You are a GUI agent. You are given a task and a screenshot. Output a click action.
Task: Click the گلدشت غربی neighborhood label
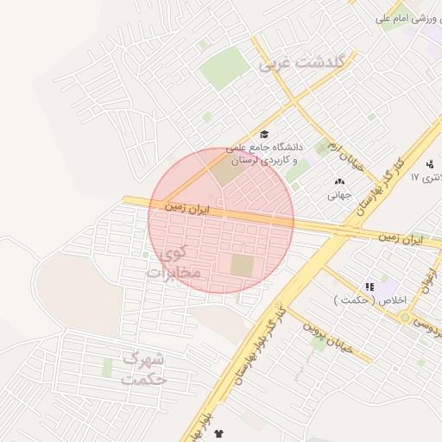[x=301, y=63]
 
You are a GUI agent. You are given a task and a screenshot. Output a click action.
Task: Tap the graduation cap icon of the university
[x=264, y=134]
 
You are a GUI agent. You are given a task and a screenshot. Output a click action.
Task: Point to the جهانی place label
[x=338, y=195]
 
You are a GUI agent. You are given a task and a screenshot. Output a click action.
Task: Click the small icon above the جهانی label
[x=338, y=181]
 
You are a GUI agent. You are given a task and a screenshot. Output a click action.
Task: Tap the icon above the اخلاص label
[x=369, y=286]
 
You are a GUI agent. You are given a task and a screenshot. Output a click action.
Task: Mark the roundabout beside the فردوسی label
[x=404, y=318]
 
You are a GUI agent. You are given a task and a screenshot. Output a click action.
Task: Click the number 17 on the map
[x=414, y=177]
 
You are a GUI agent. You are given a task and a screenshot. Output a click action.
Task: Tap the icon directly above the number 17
[x=430, y=163]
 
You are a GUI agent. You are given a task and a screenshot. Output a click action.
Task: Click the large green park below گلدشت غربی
[x=224, y=66]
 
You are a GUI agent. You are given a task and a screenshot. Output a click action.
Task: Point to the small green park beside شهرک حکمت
[x=108, y=368]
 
